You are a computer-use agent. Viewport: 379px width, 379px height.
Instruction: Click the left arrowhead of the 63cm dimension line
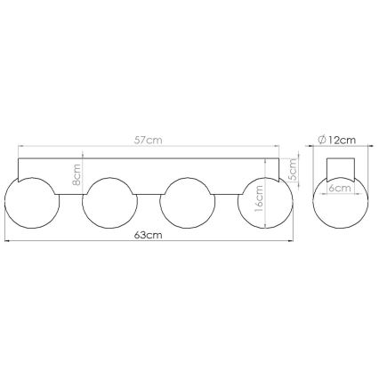(x=7, y=240)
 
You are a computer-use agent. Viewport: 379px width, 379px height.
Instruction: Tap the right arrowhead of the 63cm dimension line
(x=291, y=240)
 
